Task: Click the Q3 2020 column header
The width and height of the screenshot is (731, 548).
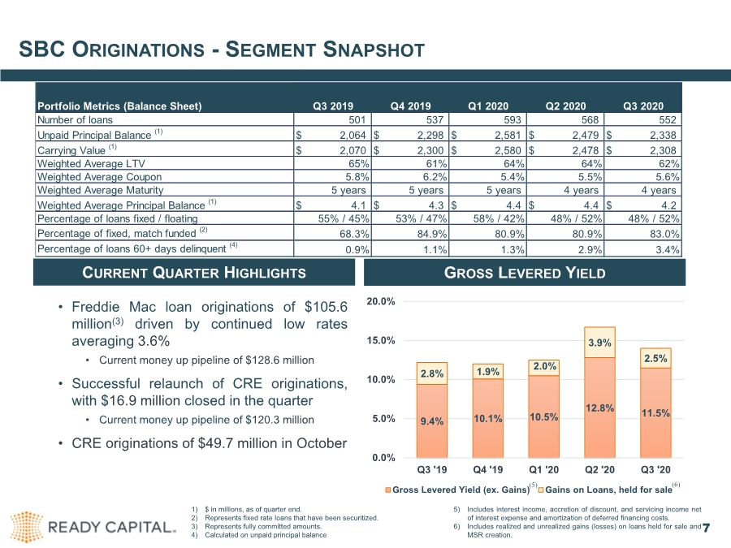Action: tap(643, 106)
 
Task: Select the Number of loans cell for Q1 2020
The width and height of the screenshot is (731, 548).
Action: tap(487, 120)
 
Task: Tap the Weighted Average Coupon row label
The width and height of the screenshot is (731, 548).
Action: tap(99, 177)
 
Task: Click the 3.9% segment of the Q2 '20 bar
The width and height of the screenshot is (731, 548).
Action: tap(599, 343)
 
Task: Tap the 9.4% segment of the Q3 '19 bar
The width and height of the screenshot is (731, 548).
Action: tap(432, 421)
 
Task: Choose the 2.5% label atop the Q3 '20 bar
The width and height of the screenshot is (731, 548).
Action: tap(655, 358)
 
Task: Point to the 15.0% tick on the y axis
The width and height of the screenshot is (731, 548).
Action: tap(381, 341)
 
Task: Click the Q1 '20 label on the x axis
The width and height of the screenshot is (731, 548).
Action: tap(543, 470)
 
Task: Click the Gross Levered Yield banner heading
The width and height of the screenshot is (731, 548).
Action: tap(525, 273)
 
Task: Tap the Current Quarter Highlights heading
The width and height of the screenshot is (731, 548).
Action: tap(194, 273)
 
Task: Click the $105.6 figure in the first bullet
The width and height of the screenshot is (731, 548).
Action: tap(326, 307)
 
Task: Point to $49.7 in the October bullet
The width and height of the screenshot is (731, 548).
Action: tap(215, 443)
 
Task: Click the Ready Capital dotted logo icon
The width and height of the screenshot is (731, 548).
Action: tap(27, 527)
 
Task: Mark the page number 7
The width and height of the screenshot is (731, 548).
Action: tap(706, 528)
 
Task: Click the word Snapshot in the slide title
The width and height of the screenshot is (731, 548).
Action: tap(374, 50)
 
